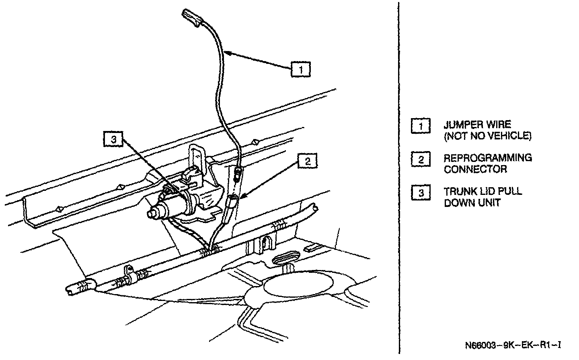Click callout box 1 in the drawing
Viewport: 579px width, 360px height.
(301, 69)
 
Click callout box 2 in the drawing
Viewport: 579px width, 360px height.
(307, 162)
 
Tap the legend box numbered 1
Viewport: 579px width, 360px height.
(421, 126)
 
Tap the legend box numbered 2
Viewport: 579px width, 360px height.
(421, 160)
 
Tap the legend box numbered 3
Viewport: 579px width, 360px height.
(421, 193)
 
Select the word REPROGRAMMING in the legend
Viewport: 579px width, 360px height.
(488, 158)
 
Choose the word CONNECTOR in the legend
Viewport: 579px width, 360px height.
(475, 169)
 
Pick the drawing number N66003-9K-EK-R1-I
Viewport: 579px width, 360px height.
(513, 345)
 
